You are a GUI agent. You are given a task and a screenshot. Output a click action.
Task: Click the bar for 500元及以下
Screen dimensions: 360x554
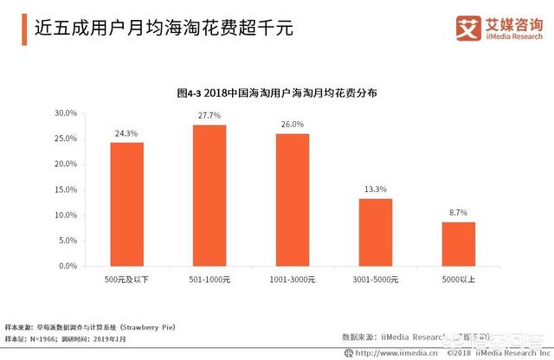(x=126, y=204)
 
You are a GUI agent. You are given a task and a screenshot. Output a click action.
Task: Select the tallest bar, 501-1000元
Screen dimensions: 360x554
(x=209, y=196)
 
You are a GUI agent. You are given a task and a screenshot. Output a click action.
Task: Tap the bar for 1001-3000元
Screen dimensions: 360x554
(x=293, y=200)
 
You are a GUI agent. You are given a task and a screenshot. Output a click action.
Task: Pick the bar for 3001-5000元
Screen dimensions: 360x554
(x=376, y=232)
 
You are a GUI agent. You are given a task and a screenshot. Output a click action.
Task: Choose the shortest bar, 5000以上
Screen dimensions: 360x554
(x=459, y=244)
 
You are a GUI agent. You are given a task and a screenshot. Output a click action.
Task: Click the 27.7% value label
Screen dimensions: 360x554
(x=209, y=116)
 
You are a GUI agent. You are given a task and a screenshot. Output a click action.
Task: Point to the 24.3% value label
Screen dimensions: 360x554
(x=126, y=133)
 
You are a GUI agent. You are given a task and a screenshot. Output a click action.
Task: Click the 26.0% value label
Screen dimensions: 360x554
(x=293, y=125)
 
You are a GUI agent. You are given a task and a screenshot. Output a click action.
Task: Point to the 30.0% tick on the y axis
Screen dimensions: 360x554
(x=67, y=113)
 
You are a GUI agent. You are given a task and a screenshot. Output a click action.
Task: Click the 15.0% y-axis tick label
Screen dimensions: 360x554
(x=67, y=190)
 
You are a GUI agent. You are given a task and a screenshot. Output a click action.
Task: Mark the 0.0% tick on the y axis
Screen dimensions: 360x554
(x=68, y=266)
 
